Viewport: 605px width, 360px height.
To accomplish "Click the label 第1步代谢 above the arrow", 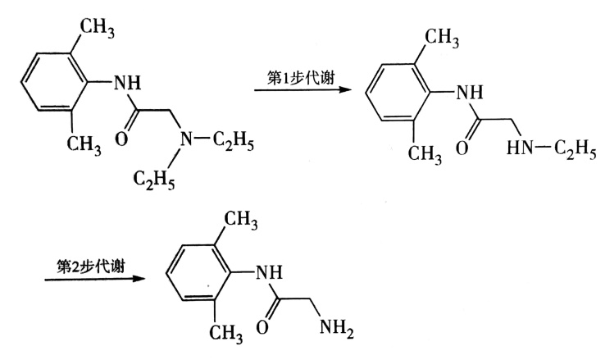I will (x=300, y=72).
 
